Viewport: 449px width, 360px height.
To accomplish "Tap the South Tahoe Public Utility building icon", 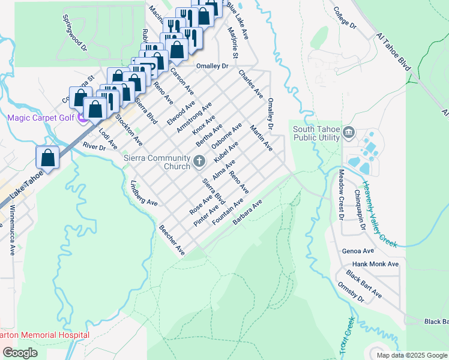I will tap(349, 132).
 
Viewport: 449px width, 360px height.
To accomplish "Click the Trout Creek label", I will tap(347, 335).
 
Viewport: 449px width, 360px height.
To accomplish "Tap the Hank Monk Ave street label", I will tap(376, 264).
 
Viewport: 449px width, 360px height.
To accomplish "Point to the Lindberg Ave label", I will tap(143, 193).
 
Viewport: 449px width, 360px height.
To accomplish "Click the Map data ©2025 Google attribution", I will tap(411, 355).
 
